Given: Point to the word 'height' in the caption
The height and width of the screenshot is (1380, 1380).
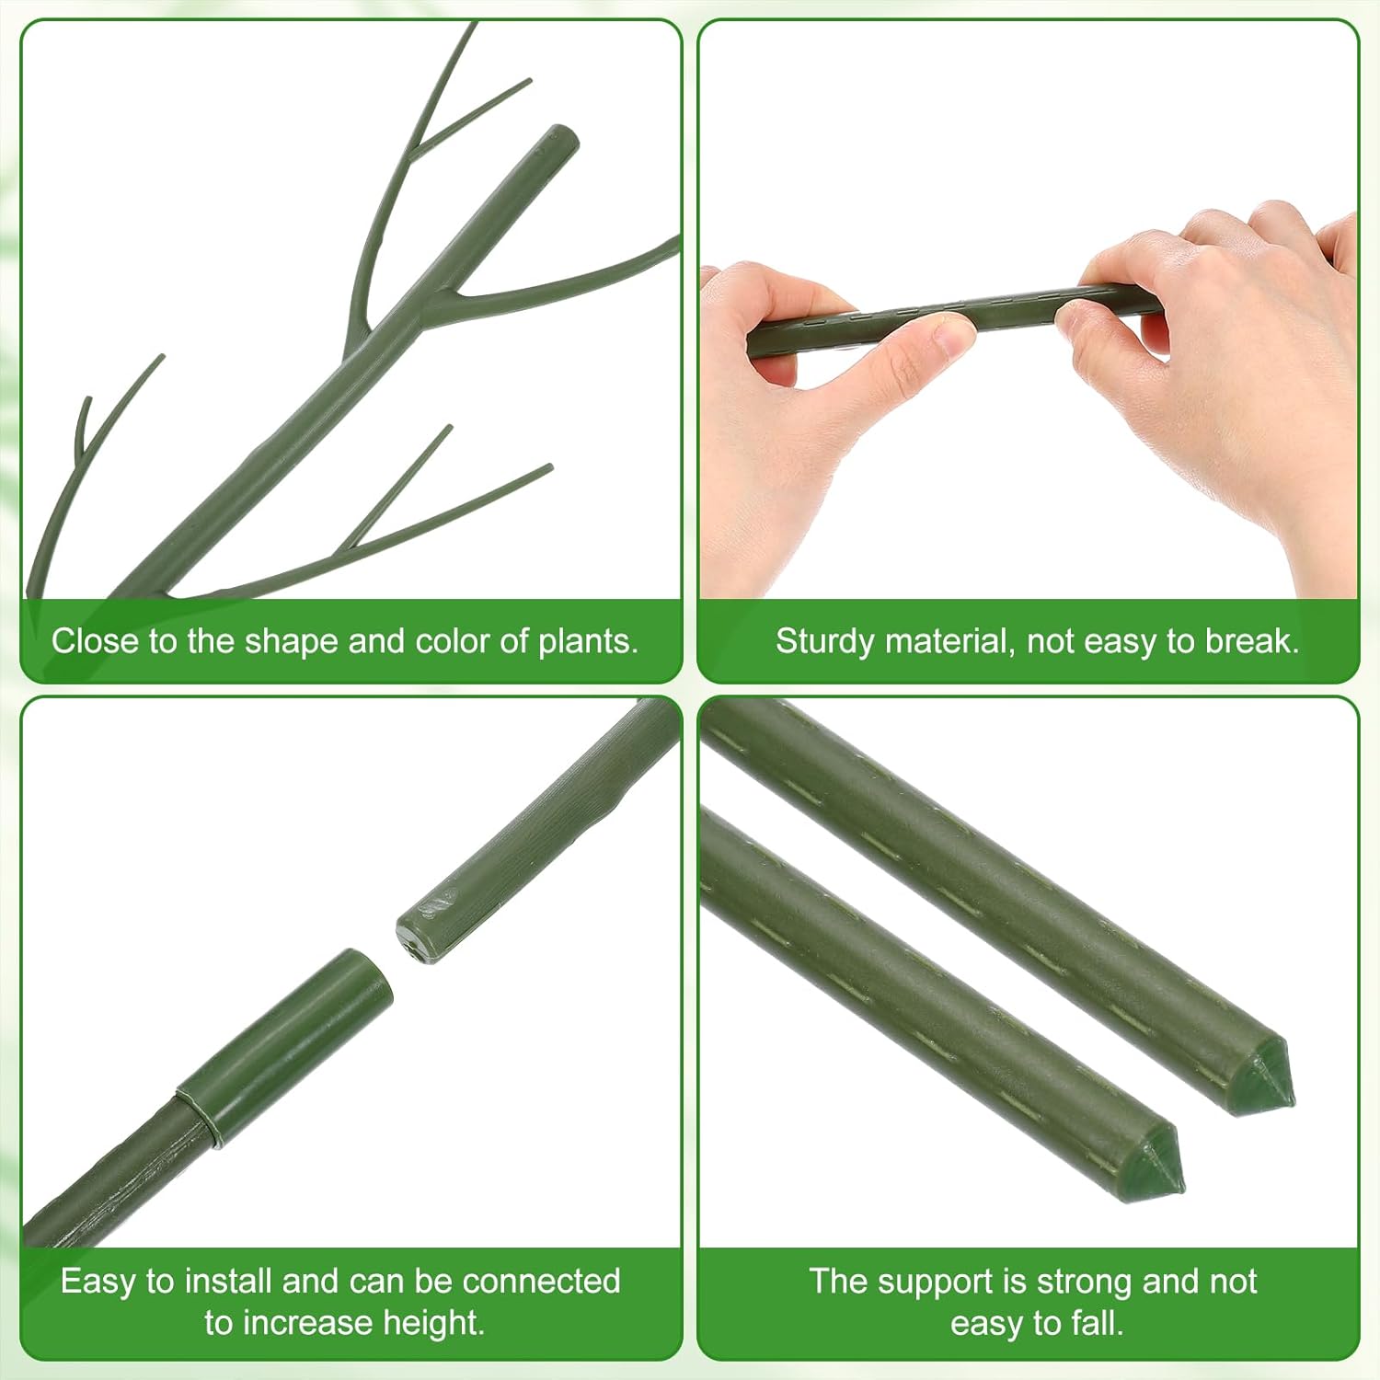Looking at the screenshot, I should click(x=432, y=1323).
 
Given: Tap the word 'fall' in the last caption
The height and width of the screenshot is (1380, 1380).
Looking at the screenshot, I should click(x=1097, y=1323).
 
